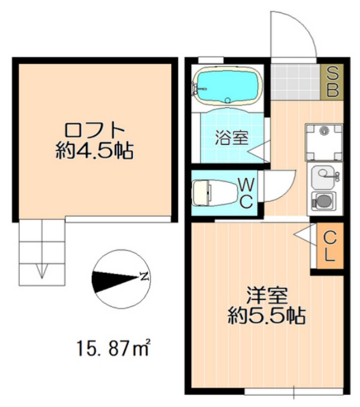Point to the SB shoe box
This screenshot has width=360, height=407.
tap(332, 82)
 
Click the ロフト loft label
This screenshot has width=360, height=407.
tap(94, 129)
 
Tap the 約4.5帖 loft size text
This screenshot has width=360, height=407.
tap(94, 150)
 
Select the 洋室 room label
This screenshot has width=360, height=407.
tap(268, 296)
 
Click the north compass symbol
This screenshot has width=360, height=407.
tap(120, 279)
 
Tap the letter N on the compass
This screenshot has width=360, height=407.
tap(144, 276)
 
